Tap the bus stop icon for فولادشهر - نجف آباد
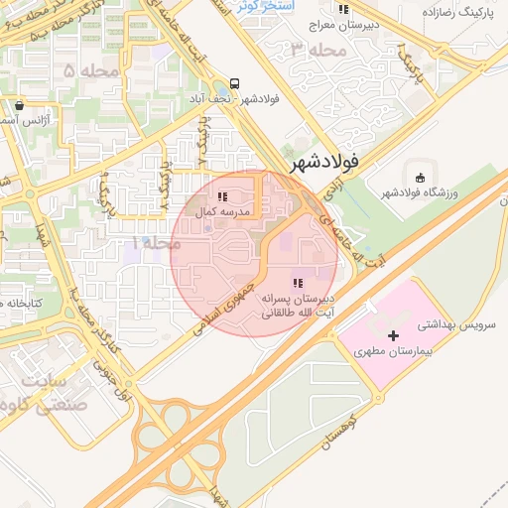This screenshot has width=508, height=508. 234,83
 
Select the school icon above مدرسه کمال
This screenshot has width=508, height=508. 221,197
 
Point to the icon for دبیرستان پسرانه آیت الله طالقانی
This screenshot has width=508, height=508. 299,284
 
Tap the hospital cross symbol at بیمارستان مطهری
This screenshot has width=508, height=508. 394,336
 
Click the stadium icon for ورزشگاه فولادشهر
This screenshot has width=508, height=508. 420,178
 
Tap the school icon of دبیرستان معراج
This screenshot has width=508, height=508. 343,9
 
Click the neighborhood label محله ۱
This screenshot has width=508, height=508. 154,242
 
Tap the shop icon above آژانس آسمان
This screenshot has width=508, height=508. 20,105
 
